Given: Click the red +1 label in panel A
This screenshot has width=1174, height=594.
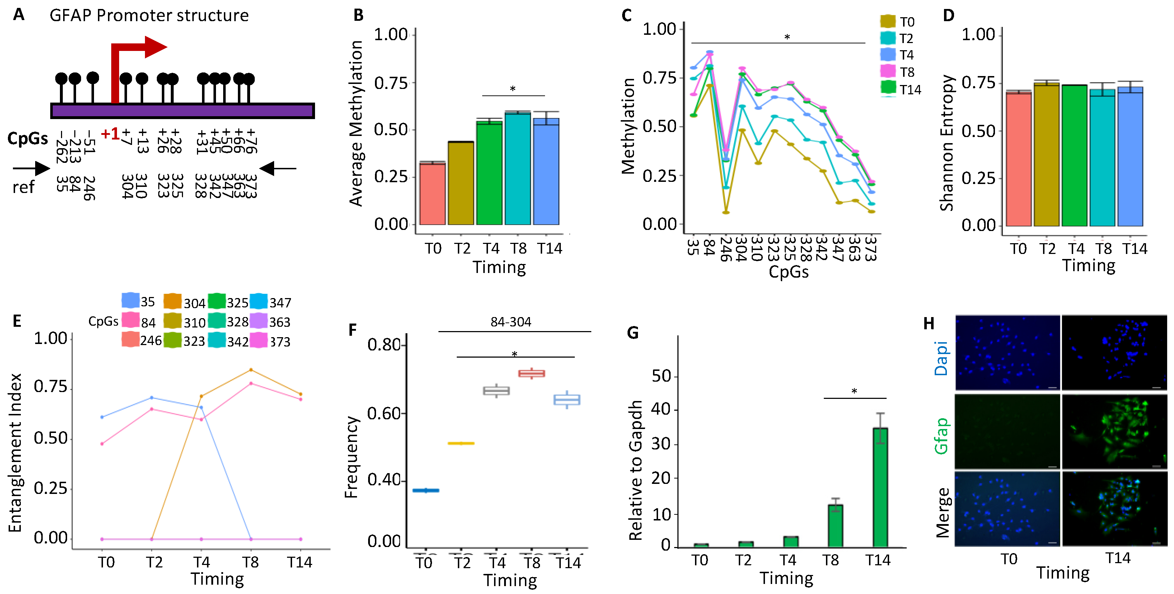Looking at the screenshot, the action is pyautogui.click(x=110, y=134).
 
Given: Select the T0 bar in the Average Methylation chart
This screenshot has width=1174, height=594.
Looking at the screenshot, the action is pyautogui.click(x=432, y=193).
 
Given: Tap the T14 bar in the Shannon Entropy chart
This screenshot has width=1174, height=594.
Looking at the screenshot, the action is pyautogui.click(x=1130, y=156).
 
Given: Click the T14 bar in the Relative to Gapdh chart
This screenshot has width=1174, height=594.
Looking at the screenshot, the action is pyautogui.click(x=880, y=487).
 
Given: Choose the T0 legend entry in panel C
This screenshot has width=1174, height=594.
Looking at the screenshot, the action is pyautogui.click(x=897, y=22).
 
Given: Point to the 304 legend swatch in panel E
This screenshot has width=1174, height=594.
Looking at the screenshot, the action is pyautogui.click(x=173, y=302).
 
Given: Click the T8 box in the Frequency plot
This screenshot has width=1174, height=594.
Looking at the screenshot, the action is pyautogui.click(x=531, y=373).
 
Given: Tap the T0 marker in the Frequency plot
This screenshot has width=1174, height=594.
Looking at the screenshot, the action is pyautogui.click(x=426, y=490).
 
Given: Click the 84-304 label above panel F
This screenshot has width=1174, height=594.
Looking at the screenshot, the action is pyautogui.click(x=511, y=322).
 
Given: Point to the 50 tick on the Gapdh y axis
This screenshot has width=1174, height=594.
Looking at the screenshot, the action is pyautogui.click(x=661, y=376).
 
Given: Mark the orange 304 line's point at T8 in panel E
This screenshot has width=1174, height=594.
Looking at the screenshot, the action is pyautogui.click(x=251, y=370).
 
